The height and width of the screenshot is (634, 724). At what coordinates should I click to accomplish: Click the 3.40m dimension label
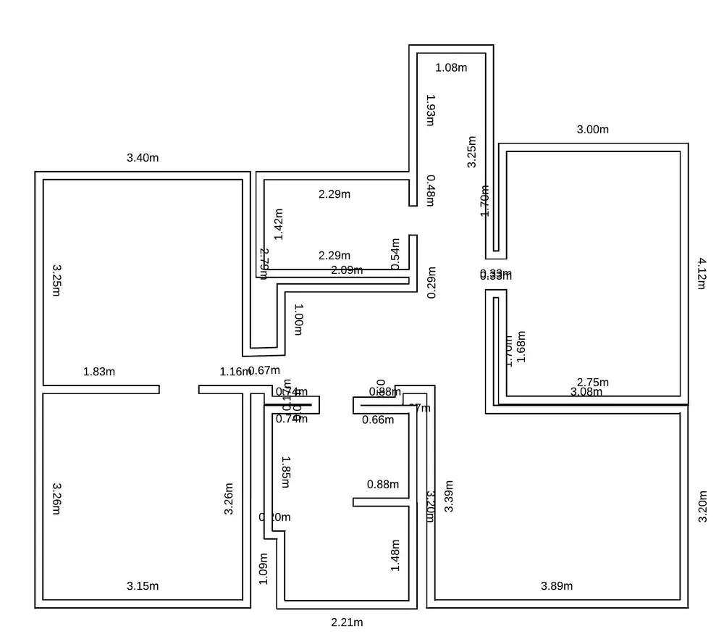click(x=143, y=158)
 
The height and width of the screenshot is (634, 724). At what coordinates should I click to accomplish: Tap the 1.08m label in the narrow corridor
click(x=451, y=68)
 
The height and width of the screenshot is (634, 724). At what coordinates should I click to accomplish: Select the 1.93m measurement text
click(x=430, y=110)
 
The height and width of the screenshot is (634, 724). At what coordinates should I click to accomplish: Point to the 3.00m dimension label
click(x=592, y=130)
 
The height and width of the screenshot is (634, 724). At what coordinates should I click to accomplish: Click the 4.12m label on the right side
click(x=701, y=273)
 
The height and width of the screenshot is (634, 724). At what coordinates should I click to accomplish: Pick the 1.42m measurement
click(x=279, y=224)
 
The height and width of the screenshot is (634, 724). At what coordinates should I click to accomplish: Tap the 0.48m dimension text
click(x=431, y=191)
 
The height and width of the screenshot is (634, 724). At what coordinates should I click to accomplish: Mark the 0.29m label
click(x=432, y=283)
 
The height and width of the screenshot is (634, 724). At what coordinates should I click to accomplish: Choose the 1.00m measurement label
click(x=298, y=320)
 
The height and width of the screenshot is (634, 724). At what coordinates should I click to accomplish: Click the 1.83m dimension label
click(x=99, y=372)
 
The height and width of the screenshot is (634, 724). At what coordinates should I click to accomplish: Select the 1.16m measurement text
click(x=235, y=372)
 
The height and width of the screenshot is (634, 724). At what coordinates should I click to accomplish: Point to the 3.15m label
click(x=143, y=586)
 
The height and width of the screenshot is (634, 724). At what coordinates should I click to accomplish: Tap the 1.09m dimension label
click(x=264, y=569)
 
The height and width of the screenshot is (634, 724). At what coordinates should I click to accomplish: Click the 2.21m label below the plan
click(x=347, y=622)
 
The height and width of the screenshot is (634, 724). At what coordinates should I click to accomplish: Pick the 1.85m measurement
click(x=285, y=472)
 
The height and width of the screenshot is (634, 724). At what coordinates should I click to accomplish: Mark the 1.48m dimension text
click(x=395, y=555)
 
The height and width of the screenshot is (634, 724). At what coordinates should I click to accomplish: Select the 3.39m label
click(x=449, y=496)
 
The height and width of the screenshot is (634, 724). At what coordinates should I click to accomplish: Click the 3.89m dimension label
click(x=557, y=586)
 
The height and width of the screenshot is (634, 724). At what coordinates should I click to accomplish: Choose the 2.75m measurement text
click(x=593, y=382)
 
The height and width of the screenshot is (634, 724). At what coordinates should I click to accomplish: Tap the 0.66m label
click(x=378, y=420)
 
